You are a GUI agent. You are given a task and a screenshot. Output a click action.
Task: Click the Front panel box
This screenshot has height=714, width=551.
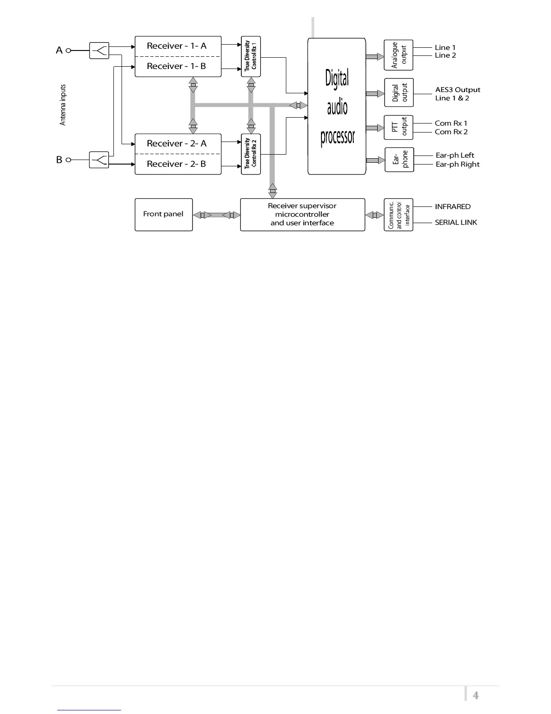(163, 215)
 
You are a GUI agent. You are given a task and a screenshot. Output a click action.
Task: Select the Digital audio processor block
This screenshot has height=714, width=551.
(337, 106)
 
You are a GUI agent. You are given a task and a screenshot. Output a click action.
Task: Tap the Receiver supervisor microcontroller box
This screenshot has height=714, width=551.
(303, 215)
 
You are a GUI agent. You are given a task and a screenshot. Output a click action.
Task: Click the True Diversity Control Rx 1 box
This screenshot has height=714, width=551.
(251, 56)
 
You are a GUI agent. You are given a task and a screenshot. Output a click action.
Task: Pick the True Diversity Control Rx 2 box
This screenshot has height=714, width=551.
(251, 154)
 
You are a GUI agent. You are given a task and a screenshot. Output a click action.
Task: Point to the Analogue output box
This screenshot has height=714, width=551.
(398, 55)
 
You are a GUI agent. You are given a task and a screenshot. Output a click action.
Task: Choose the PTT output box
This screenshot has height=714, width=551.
(398, 127)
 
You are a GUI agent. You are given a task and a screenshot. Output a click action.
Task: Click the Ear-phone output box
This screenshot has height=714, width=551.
(399, 160)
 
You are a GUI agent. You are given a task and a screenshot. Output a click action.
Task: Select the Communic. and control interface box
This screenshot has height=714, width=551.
(398, 215)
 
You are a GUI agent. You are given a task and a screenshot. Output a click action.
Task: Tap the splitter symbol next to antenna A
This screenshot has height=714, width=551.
(99, 50)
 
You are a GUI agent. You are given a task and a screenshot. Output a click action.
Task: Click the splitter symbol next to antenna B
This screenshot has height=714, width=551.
(99, 160)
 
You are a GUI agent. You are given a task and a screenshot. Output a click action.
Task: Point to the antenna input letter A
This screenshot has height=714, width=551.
(59, 50)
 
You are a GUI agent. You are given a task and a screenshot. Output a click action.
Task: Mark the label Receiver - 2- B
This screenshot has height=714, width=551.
(176, 164)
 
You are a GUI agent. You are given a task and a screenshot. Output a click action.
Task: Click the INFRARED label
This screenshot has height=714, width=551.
(452, 206)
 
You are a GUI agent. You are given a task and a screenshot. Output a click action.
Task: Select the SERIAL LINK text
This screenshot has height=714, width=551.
(456, 222)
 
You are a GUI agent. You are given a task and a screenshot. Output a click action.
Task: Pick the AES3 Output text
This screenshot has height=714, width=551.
(457, 90)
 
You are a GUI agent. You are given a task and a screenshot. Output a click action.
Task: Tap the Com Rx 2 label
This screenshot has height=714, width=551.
(451, 132)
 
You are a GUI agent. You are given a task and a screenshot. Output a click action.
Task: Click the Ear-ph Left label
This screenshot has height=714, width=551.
(455, 156)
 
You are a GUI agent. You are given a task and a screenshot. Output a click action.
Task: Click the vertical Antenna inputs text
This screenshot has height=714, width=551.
(63, 105)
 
